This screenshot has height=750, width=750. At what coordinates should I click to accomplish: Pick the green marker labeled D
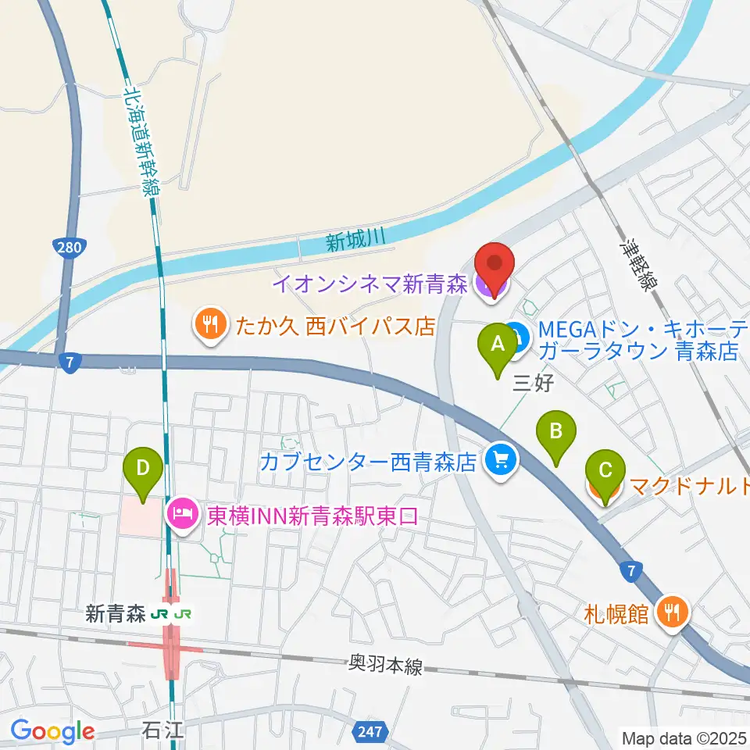[x=143, y=468]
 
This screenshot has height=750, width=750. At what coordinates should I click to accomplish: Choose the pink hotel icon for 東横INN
[x=181, y=515]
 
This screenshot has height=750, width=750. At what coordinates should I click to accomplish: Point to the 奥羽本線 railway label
[x=385, y=666]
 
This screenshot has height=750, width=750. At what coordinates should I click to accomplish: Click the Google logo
[x=52, y=730]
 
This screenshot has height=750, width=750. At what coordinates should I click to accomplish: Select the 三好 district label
[x=533, y=384]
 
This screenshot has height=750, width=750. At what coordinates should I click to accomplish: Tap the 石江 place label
[x=163, y=732]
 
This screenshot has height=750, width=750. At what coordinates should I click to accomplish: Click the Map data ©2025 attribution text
[x=684, y=737]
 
